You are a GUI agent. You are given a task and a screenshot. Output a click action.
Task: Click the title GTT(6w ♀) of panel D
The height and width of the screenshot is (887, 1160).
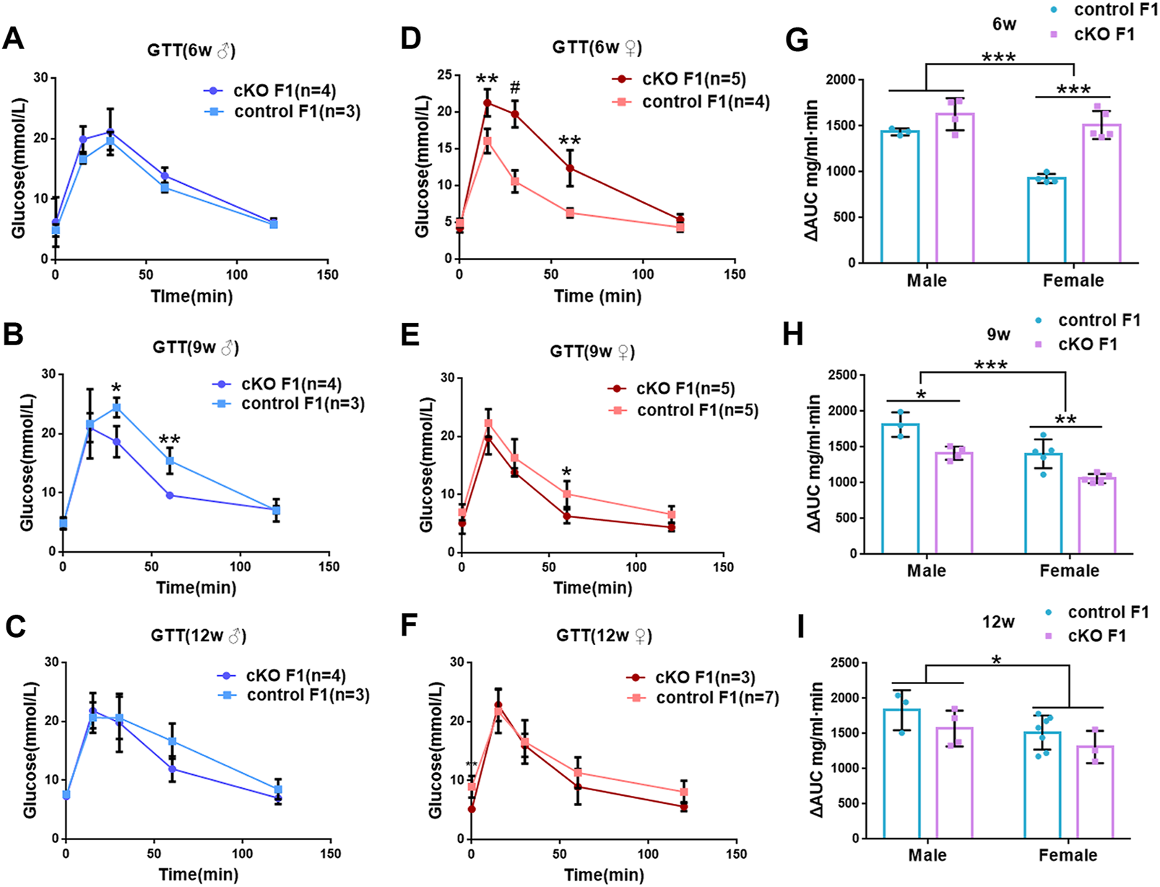pos(597,48)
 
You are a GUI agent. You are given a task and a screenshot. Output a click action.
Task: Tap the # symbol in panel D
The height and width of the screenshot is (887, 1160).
pos(515,88)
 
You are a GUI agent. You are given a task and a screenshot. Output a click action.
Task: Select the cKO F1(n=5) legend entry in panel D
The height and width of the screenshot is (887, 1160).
pos(693,79)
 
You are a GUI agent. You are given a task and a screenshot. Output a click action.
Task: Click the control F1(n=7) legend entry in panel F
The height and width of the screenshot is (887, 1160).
pos(717,698)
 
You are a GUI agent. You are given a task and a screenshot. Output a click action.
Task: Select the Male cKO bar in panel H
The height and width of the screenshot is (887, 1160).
pos(955,503)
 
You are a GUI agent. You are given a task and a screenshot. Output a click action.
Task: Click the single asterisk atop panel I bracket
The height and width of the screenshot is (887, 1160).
pos(996,660)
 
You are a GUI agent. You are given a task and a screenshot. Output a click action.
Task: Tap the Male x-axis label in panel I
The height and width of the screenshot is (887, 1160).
pos(927,855)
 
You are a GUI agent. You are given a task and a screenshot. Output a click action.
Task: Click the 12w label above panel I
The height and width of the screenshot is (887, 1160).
pos(997,621)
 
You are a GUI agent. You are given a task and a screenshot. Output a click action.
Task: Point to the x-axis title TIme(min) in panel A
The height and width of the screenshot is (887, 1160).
pos(191,295)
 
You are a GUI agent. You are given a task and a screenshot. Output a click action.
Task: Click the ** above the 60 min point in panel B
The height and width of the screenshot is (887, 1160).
pos(170,439)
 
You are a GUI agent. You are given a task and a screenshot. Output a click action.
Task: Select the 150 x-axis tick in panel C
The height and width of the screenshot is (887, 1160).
pos(331,853)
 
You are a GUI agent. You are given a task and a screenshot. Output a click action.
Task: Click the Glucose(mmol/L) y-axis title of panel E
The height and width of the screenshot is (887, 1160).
pos(426,465)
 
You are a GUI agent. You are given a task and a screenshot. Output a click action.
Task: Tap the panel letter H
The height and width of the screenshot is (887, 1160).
pos(793,335)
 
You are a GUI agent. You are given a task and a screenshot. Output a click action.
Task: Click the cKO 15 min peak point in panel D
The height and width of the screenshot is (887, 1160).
pos(488,103)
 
